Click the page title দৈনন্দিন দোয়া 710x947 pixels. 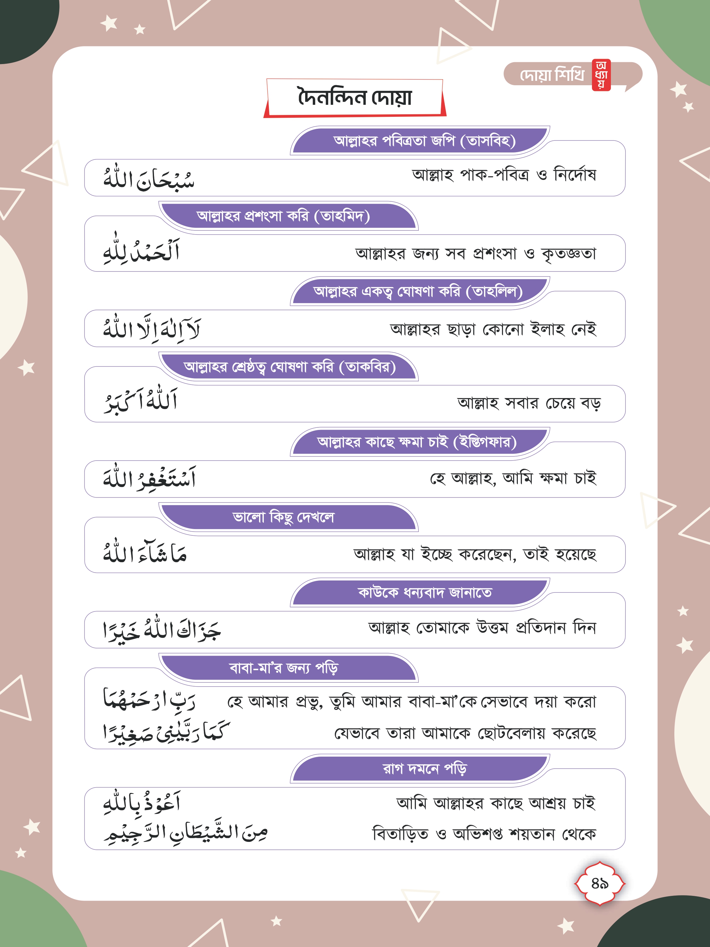(354, 98)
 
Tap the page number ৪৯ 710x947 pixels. (600, 883)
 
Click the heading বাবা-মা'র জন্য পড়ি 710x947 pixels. (284, 668)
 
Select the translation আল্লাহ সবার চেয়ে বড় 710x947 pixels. (529, 403)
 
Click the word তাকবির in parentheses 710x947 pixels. (368, 367)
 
